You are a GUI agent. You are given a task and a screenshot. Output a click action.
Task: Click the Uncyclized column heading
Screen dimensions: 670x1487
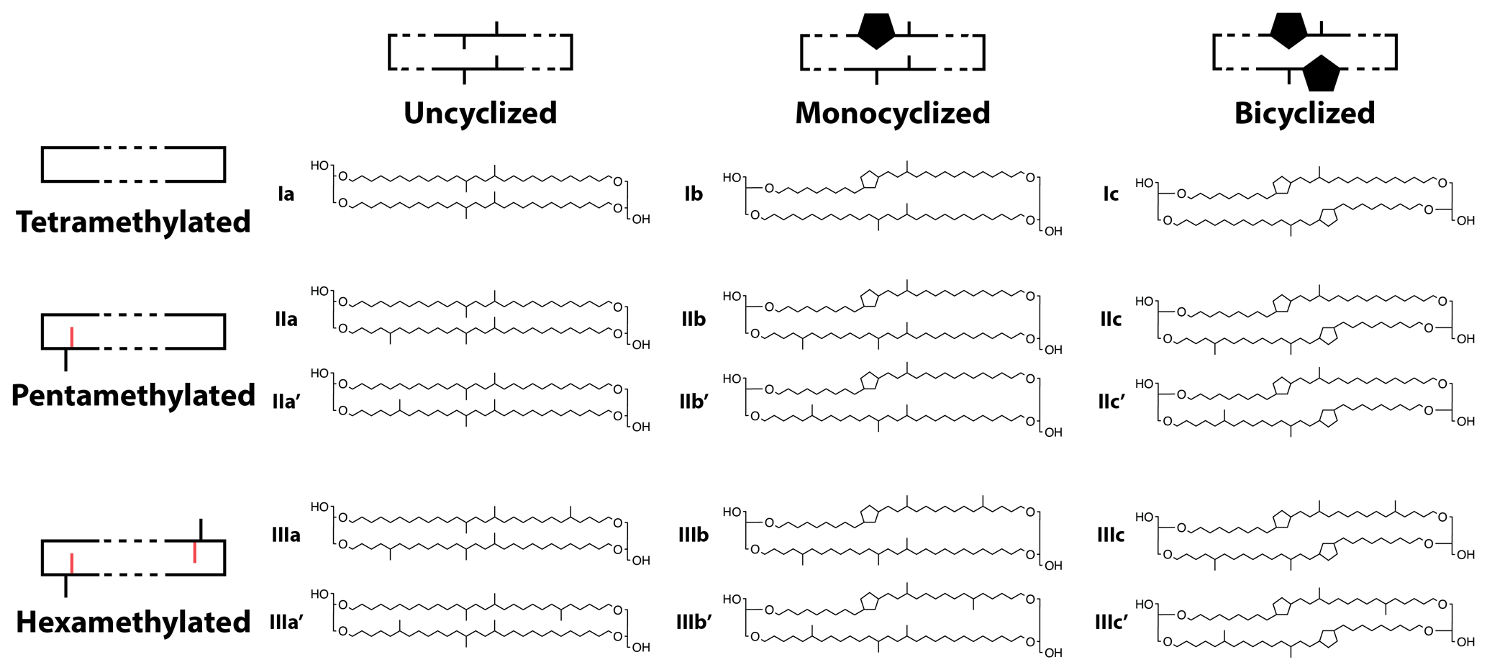(x=480, y=113)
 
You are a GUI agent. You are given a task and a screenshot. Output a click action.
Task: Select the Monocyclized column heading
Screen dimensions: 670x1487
(x=892, y=113)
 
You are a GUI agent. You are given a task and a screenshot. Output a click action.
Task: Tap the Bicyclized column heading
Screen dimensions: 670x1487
(x=1304, y=113)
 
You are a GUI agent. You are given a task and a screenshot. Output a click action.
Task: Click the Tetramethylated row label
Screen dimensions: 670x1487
(x=133, y=222)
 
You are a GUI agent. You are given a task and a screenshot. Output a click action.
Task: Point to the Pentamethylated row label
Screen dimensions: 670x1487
(x=133, y=395)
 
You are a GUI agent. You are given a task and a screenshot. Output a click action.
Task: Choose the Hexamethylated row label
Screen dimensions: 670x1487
(x=133, y=622)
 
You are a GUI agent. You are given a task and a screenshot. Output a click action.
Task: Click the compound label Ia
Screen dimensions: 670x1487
(x=286, y=194)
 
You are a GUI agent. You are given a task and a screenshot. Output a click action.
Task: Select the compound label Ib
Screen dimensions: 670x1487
(x=693, y=194)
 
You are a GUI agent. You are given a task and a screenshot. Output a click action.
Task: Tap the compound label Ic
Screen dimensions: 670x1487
(x=1110, y=194)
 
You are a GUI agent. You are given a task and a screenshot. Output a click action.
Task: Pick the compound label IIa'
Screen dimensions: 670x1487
(x=286, y=402)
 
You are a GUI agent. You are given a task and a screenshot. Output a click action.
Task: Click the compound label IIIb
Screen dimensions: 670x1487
(x=693, y=535)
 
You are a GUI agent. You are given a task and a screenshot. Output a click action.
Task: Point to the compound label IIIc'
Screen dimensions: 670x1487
(x=1111, y=622)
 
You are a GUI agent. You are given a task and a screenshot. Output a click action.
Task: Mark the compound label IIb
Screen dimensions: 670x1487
(x=693, y=319)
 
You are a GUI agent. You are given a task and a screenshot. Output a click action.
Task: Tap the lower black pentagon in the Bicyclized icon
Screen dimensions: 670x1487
(x=1322, y=73)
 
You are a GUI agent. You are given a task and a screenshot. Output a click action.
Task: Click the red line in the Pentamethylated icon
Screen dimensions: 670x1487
(x=72, y=337)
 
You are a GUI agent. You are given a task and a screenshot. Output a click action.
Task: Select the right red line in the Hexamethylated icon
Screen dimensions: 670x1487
(x=195, y=552)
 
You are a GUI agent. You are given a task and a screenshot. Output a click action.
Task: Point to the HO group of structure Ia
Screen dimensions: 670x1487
(x=319, y=166)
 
